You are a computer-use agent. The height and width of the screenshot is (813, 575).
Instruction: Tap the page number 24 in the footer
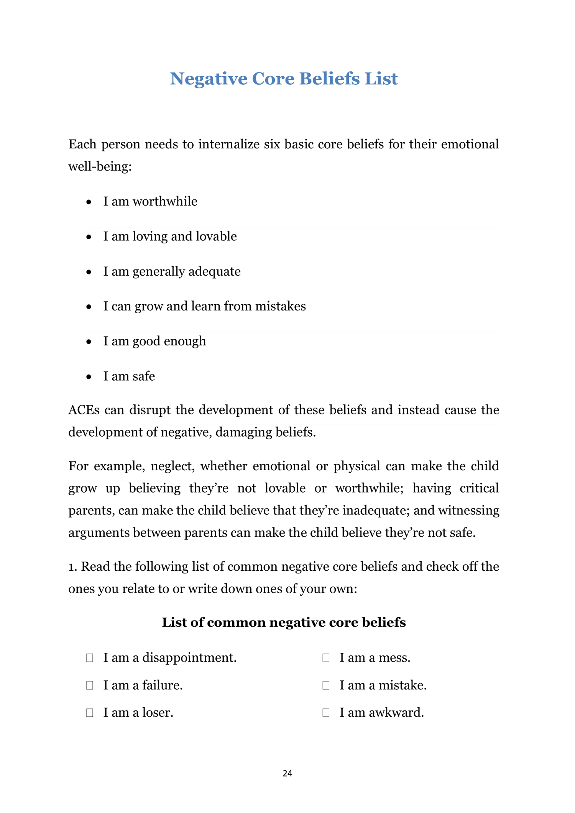(287, 774)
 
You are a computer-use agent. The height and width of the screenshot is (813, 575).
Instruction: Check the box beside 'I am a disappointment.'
(90, 658)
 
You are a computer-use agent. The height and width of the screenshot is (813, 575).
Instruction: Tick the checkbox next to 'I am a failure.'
(90, 685)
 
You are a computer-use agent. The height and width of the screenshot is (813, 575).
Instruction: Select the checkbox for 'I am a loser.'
(90, 713)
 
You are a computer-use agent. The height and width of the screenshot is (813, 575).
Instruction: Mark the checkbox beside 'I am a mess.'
(326, 658)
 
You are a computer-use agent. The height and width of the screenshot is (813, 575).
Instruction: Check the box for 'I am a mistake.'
(326, 685)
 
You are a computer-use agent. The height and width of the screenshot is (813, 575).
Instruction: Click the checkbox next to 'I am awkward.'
(326, 713)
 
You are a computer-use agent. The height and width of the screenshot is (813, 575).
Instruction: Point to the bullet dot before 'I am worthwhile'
(89, 202)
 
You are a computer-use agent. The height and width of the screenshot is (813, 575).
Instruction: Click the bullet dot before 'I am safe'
(89, 377)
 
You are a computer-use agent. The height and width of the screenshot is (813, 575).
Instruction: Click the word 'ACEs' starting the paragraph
(84, 410)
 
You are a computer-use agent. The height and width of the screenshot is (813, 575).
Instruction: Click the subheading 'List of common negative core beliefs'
(284, 622)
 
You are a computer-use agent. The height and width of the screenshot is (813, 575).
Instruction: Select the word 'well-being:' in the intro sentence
(100, 167)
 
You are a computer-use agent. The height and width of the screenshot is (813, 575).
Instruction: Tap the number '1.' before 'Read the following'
(73, 567)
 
